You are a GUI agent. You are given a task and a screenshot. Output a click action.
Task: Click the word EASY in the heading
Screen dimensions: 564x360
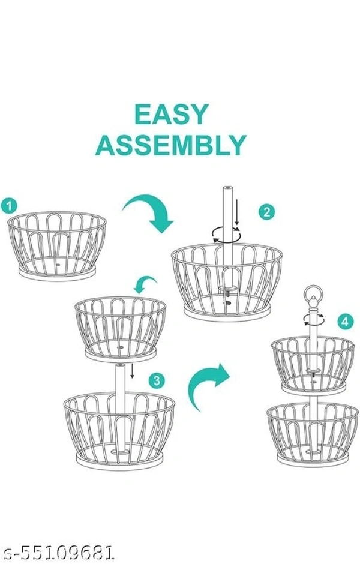click(x=171, y=115)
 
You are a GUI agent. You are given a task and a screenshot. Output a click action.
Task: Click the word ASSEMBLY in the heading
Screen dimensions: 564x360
click(x=171, y=145)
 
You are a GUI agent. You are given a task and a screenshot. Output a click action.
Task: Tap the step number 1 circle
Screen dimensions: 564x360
click(x=9, y=206)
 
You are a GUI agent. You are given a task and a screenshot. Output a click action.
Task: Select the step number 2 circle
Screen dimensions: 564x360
click(x=267, y=212)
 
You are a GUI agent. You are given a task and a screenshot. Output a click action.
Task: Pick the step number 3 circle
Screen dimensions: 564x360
click(x=156, y=380)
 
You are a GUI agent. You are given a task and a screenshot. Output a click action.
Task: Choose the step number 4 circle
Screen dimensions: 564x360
click(x=344, y=322)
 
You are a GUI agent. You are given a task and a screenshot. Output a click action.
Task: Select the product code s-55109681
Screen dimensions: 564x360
click(x=58, y=551)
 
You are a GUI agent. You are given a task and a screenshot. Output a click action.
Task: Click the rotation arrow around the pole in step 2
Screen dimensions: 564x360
click(x=226, y=235)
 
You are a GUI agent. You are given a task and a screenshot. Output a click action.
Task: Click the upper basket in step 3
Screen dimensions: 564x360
click(x=120, y=327)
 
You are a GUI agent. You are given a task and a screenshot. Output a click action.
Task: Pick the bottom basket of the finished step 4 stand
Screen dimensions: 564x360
click(x=312, y=431)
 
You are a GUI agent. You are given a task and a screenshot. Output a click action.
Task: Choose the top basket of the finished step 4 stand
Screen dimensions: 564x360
click(x=312, y=363)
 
